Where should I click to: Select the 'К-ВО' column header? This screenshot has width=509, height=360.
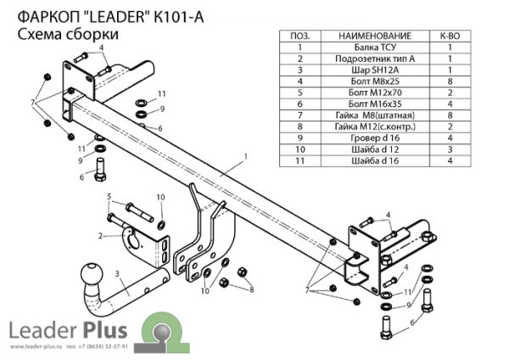coord(449,37)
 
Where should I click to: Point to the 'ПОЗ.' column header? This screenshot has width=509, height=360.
coord(300,37)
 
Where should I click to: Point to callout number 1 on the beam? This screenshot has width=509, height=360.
coord(244,155)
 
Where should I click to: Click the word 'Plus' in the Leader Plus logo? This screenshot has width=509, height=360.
coord(107,329)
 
